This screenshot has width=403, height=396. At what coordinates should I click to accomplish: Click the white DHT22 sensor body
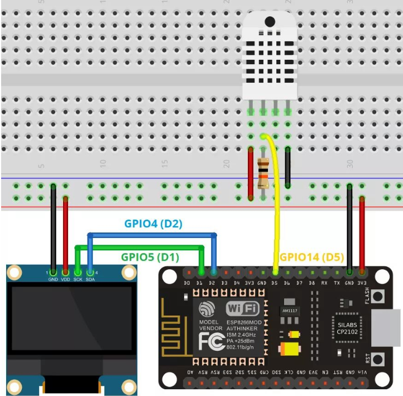pos(269,56)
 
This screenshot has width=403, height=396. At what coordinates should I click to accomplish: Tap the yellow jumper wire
pos(275,212)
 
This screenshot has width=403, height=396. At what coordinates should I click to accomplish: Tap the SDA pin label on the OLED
pos(89,279)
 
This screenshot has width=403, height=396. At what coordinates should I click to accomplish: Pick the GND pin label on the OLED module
pos(53,279)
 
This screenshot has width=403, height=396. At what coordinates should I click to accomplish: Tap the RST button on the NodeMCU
pos(380,357)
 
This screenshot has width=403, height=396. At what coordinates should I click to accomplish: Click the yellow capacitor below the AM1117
pos(291,349)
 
